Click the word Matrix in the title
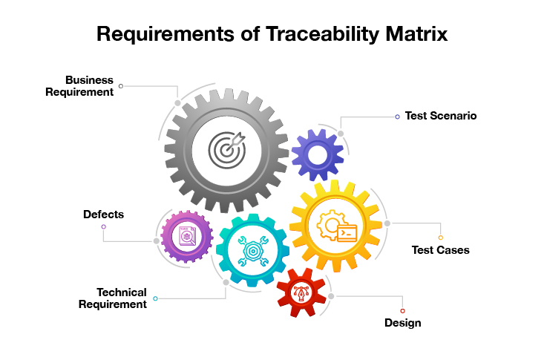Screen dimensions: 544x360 pos(416,34)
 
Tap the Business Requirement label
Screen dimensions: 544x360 pos(79,86)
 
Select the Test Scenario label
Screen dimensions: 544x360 pos(441,116)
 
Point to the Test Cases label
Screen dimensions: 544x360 pos(440,250)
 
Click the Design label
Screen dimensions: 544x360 pos(402,323)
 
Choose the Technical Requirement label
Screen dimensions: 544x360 pos(113,298)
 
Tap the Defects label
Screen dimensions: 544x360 pos(103,215)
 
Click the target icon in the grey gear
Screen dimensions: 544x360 pos(227,150)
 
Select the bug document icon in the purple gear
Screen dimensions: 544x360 pos(187,236)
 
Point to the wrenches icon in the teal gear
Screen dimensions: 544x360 pos(253,251)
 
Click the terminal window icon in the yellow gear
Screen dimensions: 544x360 pos(347,233)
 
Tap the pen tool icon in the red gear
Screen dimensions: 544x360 pos(301,293)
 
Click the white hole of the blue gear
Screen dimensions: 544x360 pos(318,155)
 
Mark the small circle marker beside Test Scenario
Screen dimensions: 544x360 pos(397,117)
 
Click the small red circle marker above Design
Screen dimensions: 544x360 pos(402,311)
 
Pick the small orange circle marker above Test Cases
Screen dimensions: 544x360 pos(441,238)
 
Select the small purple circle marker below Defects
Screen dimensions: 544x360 pos(103,226)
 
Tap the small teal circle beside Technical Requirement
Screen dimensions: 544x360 pos(155,298)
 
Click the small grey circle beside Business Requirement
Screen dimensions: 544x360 pos(121,86)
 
